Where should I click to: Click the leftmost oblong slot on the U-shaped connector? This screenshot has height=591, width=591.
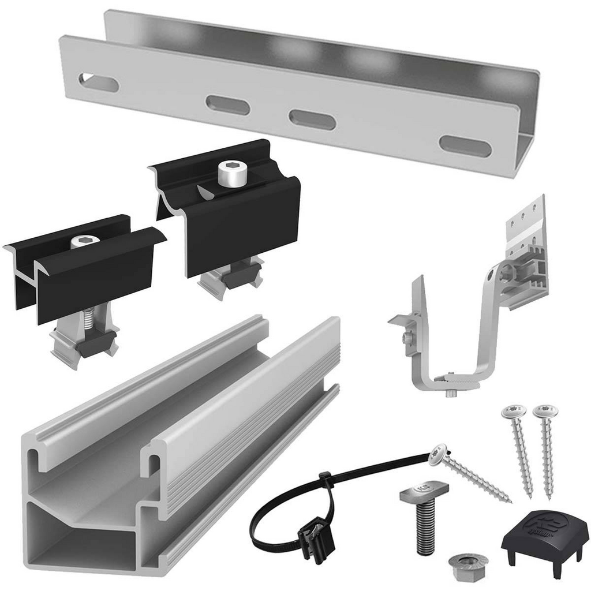click(99, 83)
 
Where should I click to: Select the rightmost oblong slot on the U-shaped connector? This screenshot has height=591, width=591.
click(465, 146)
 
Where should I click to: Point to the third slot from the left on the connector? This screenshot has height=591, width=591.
click(312, 119)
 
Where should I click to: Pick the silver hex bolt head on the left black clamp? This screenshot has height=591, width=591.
click(84, 242)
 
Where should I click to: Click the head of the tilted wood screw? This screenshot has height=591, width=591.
click(439, 454)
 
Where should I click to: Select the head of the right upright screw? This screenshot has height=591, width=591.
click(545, 412)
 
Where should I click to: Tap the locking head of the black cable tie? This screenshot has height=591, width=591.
click(326, 480)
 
